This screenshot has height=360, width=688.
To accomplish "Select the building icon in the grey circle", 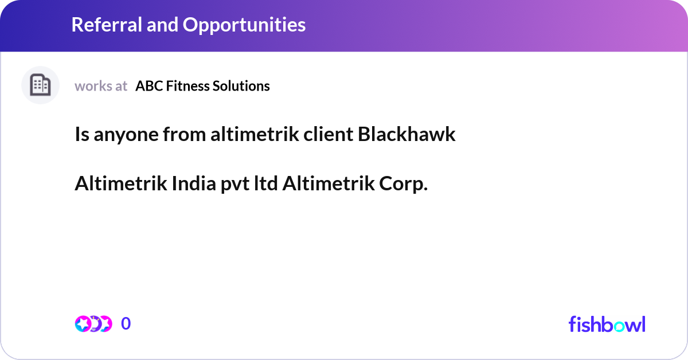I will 40,85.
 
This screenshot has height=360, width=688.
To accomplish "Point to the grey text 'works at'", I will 101,86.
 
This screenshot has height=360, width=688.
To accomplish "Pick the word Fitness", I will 186,86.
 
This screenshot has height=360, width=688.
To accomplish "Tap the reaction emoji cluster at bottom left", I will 93,324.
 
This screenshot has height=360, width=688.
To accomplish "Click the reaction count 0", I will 126,324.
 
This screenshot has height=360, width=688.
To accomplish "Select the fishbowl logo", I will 607,324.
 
